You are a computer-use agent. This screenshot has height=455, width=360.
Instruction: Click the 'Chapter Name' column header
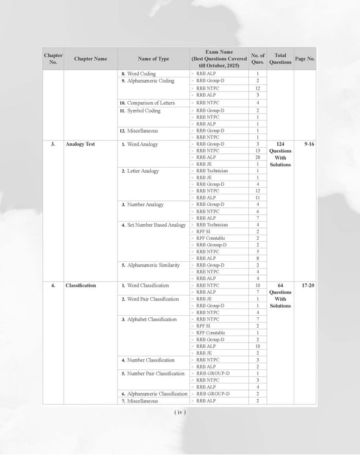(91, 58)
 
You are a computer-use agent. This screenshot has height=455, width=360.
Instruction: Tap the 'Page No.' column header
(305, 58)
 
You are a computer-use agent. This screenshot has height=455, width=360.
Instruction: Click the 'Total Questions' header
(280, 58)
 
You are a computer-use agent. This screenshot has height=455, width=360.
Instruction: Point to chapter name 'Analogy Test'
(81, 144)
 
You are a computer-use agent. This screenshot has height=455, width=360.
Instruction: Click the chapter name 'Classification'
(81, 285)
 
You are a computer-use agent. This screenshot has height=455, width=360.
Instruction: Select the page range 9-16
(305, 144)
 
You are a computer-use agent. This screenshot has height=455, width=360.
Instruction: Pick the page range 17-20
(305, 285)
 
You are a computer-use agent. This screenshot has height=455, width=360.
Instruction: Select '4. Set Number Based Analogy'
(153, 225)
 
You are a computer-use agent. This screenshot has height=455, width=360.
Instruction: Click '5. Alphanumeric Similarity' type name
(149, 265)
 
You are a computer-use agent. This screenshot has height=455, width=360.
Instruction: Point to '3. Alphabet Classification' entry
(149, 320)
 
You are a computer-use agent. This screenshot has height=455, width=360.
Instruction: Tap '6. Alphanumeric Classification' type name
(154, 394)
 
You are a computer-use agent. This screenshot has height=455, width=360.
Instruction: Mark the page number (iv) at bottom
(180, 412)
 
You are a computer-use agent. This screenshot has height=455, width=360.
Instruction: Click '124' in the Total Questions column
(280, 144)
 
